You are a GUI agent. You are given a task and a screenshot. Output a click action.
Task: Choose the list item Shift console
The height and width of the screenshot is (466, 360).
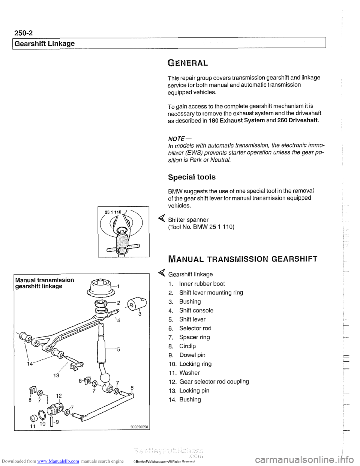196,311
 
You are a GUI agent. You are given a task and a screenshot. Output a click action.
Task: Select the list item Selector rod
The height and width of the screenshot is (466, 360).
195,328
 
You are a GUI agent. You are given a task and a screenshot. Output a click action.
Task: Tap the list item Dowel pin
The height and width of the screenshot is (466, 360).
192,355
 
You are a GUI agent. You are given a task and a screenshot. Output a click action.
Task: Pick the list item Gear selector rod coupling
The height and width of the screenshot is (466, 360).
214,382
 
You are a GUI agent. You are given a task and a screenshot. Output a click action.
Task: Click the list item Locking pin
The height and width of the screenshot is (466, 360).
194,391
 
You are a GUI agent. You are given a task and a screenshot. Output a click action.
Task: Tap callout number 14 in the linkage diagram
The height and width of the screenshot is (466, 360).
30,363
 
